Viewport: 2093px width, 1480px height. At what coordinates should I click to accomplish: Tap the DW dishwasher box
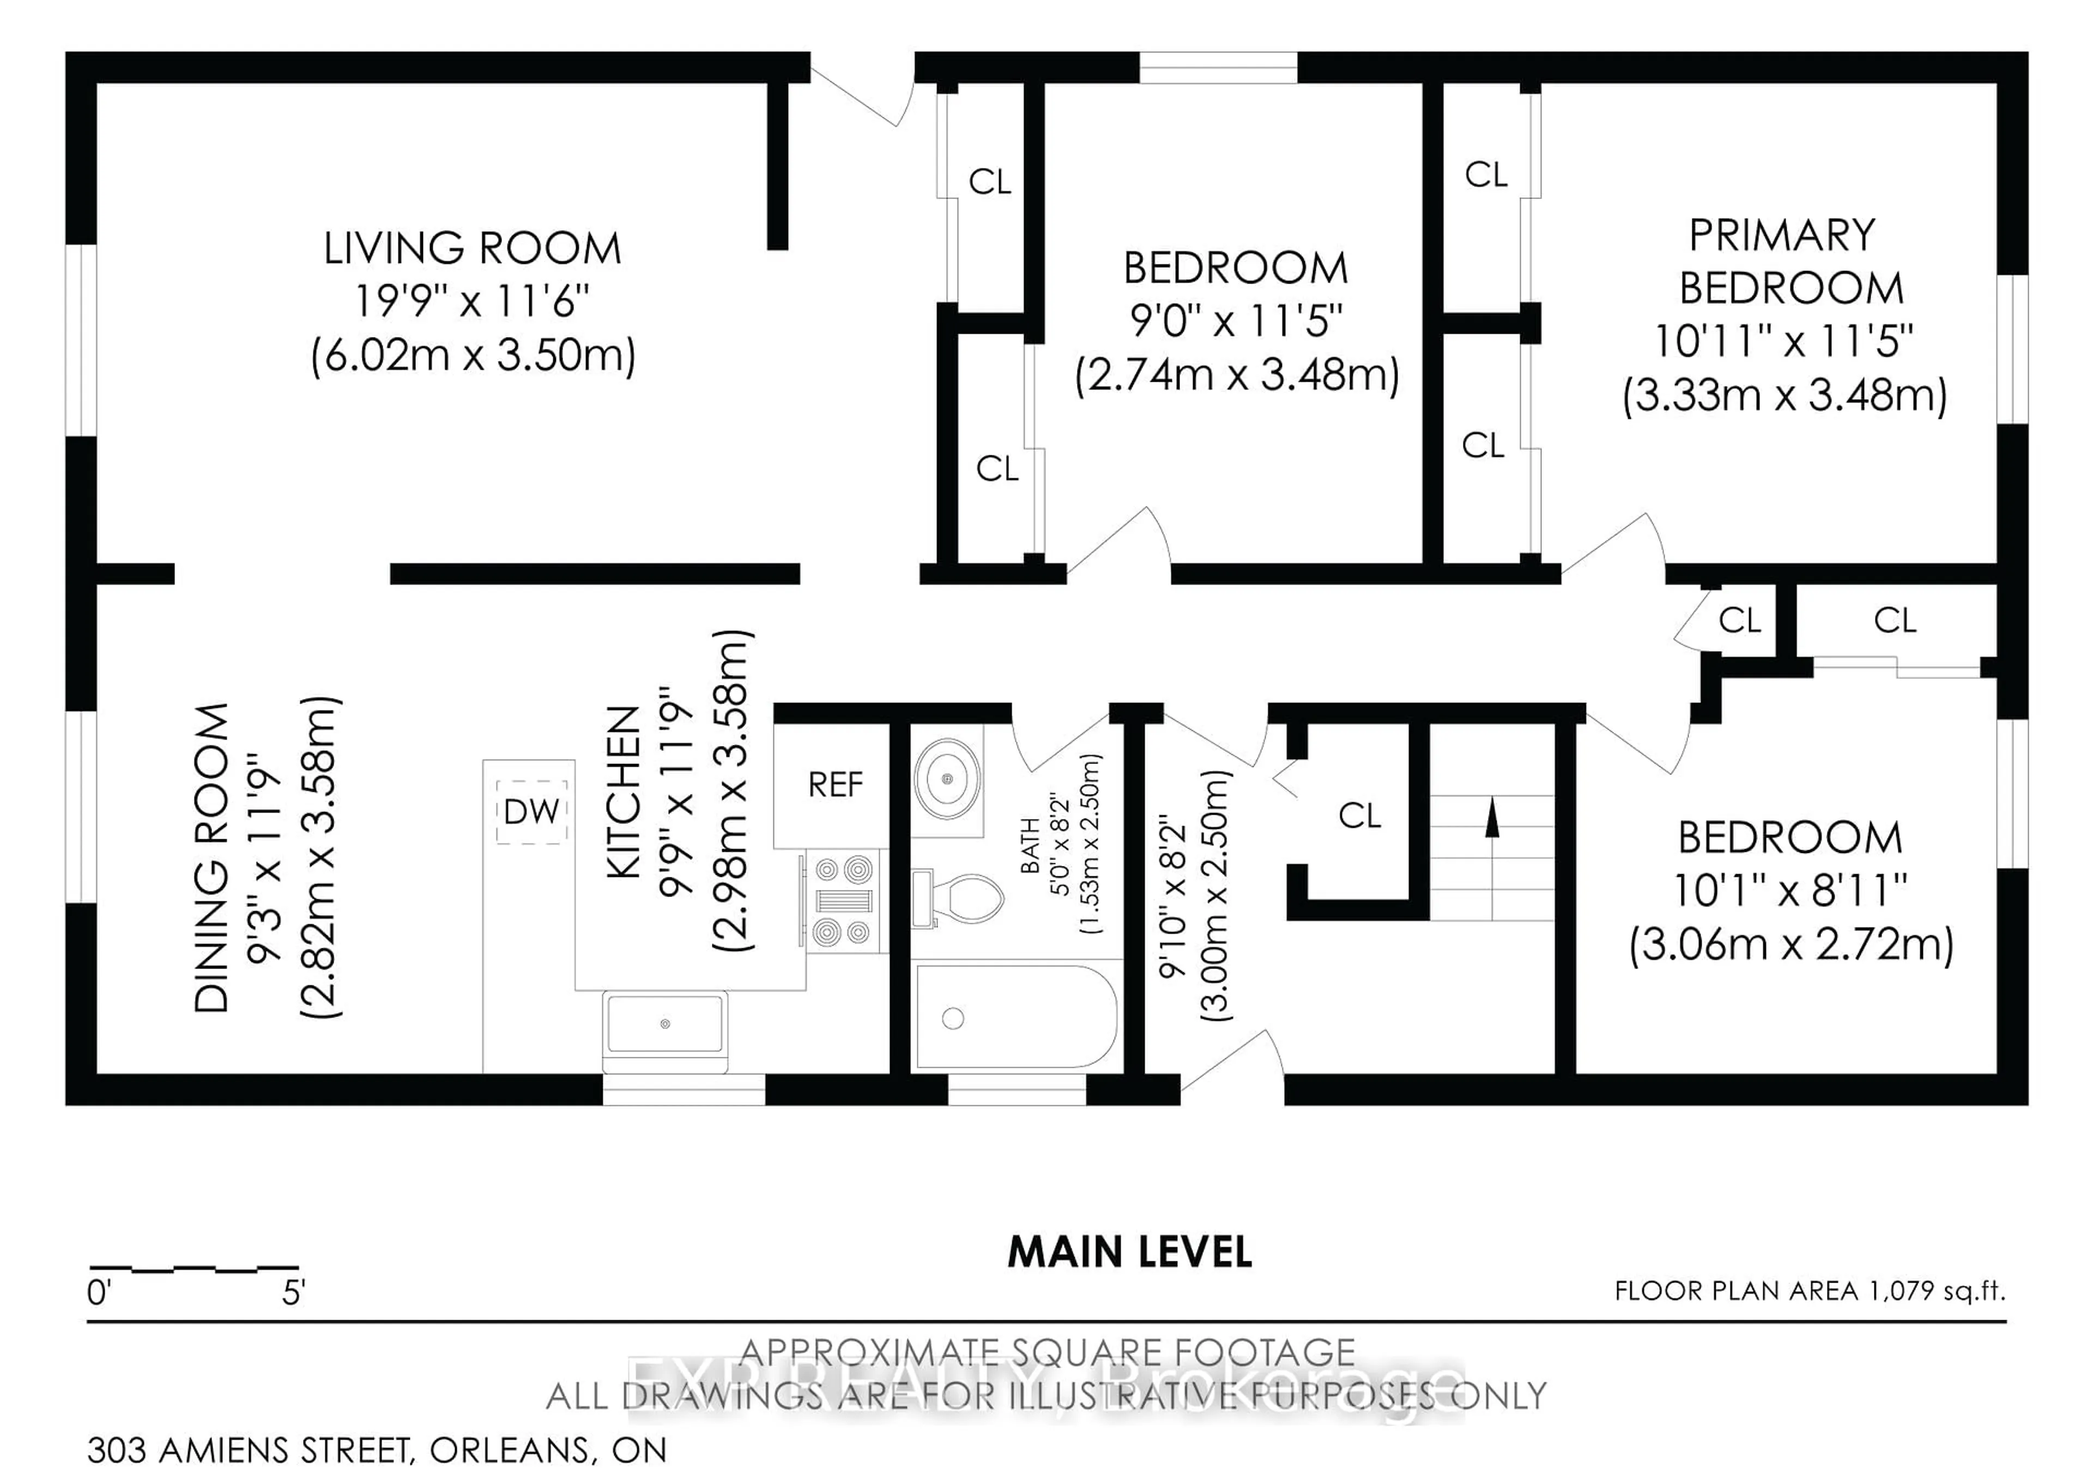pos(531,811)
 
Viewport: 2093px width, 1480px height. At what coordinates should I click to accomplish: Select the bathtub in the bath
pos(1015,1017)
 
